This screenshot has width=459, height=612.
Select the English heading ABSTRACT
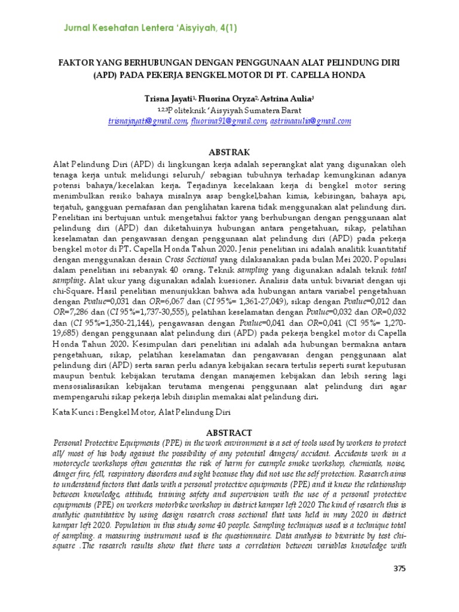coord(229,432)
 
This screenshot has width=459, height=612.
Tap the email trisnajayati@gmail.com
coord(148,121)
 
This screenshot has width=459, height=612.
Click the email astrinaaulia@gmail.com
coord(310,121)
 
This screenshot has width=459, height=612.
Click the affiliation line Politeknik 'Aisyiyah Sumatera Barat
coord(229,110)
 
